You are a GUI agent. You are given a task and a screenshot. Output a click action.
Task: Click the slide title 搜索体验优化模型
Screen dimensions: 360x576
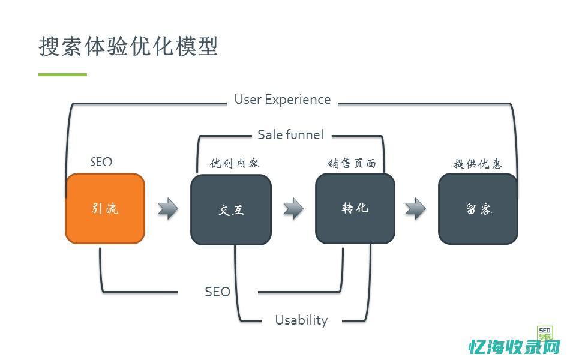point(128,46)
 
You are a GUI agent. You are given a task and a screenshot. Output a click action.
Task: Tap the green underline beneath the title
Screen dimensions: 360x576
point(62,74)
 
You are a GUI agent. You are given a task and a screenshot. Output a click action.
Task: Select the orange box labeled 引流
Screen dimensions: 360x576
point(105,209)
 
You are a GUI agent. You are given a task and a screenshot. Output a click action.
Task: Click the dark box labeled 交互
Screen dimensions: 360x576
point(231,209)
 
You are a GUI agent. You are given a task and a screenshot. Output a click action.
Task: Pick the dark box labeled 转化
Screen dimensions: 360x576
point(355,209)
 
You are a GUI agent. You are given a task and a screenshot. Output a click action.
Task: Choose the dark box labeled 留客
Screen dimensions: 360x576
point(478,209)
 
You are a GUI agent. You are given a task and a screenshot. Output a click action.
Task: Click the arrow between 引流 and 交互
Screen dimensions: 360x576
point(168,209)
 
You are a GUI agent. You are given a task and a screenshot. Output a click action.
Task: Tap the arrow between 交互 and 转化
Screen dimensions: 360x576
point(293,209)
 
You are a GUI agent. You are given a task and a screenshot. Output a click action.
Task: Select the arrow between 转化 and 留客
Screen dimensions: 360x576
point(415,209)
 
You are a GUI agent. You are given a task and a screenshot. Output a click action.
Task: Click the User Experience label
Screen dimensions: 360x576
point(282,100)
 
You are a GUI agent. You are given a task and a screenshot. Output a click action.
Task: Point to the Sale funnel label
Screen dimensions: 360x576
point(290,134)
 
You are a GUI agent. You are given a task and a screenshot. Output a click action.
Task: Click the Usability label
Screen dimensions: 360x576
point(301,320)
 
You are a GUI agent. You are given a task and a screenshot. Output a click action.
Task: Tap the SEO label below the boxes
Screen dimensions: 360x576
point(217,292)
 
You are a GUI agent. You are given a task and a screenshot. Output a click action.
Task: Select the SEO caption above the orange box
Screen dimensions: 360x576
point(101,162)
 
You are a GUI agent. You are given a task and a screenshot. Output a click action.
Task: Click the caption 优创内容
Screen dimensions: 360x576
point(235,163)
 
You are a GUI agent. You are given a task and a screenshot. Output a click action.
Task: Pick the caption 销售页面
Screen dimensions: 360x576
point(352,163)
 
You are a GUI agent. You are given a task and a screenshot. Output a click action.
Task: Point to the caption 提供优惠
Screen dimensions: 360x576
point(478,164)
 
